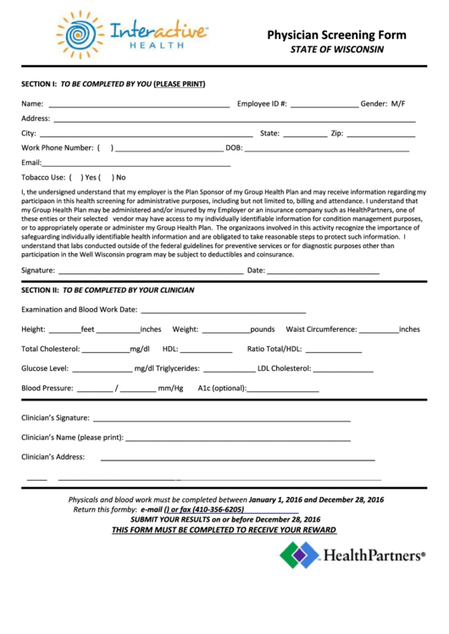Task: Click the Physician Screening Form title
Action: [x=336, y=36]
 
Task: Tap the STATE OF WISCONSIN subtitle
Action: [x=337, y=49]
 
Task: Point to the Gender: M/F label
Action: [x=383, y=103]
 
